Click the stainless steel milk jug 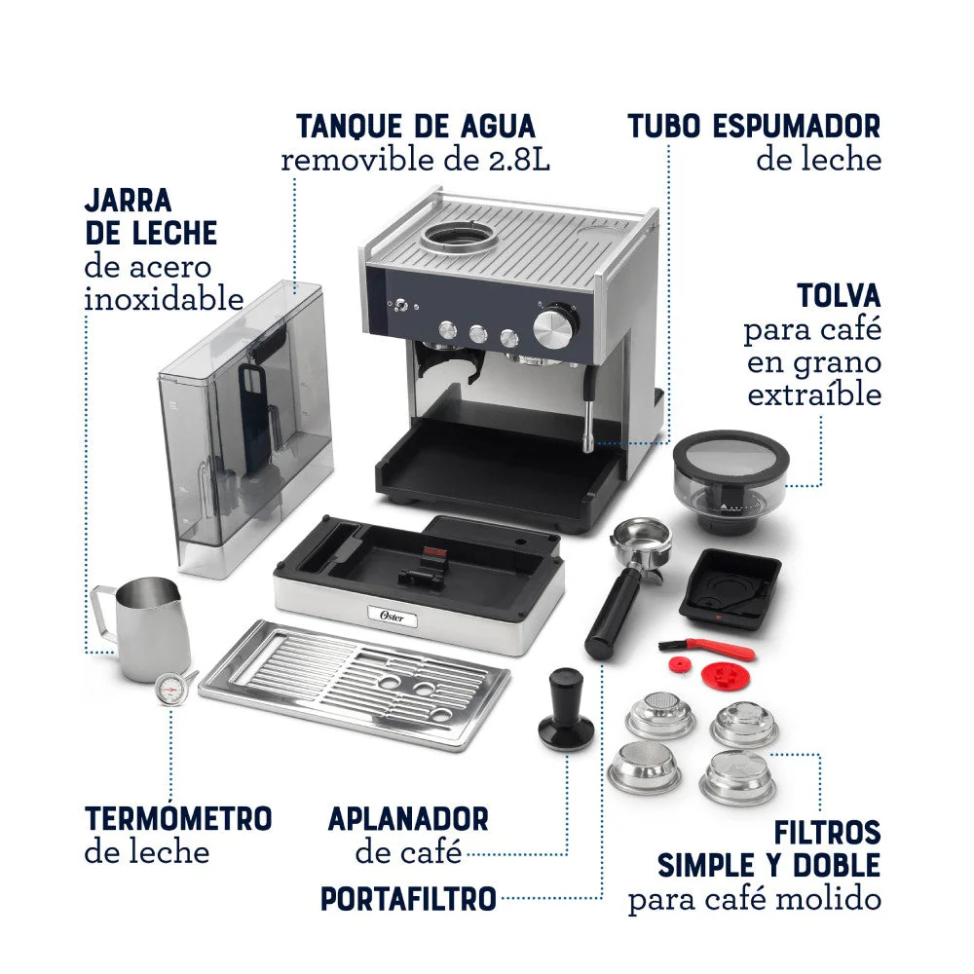[146, 628]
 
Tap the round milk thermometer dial [169, 689]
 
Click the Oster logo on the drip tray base [392, 617]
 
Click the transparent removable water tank [246, 428]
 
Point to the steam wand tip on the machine [585, 443]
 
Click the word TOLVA [840, 296]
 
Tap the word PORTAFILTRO [408, 899]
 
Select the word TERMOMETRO [178, 818]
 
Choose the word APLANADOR [408, 819]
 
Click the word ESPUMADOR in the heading [797, 126]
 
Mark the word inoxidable [164, 299]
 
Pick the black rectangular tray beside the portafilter [730, 589]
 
